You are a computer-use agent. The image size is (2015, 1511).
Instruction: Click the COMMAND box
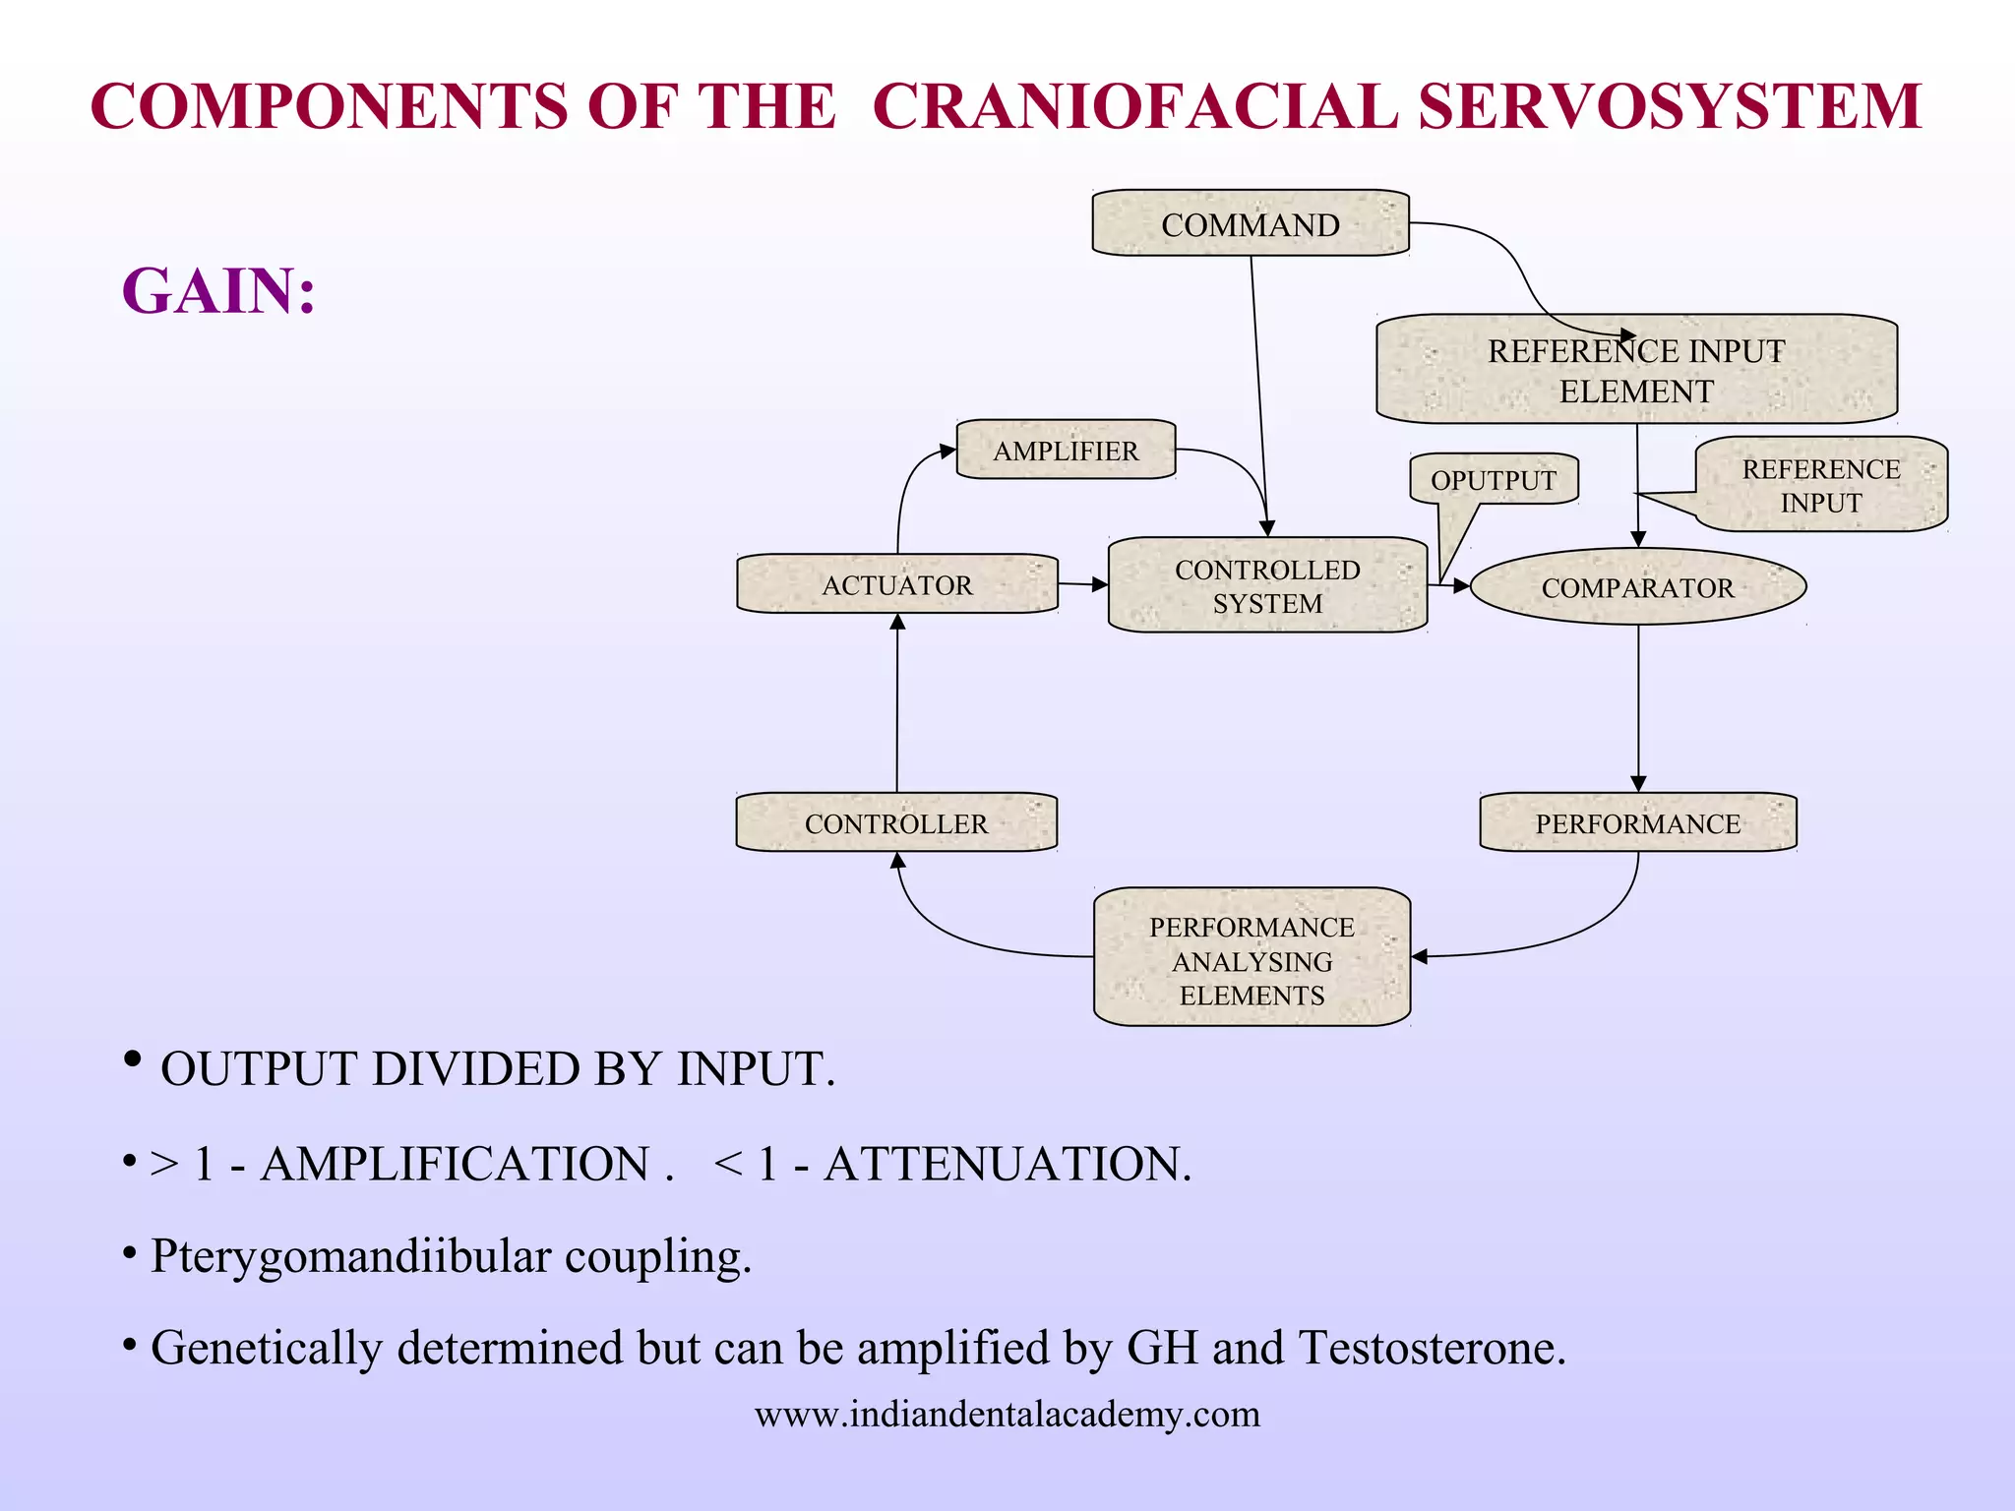click(x=1250, y=224)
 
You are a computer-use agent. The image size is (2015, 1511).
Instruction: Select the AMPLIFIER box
click(x=1066, y=451)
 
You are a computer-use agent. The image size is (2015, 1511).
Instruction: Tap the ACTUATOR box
click(x=896, y=584)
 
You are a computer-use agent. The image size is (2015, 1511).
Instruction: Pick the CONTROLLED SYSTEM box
click(x=1267, y=585)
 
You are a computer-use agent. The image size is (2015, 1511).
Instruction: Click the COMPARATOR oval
click(x=1637, y=587)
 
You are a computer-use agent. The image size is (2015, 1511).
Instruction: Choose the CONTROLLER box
click(x=895, y=823)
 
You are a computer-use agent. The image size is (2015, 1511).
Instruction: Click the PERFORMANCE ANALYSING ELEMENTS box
click(x=1252, y=959)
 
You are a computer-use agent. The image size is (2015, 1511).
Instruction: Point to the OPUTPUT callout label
click(x=1494, y=480)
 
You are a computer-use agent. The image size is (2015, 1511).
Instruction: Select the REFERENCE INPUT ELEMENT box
click(x=1635, y=370)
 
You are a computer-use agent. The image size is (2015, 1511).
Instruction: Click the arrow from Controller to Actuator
click(x=896, y=703)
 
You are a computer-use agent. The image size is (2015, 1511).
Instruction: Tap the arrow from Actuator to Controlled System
click(x=1082, y=584)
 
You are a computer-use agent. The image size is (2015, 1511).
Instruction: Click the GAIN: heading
click(x=218, y=291)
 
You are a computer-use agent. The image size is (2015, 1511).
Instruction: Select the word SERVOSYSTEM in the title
click(x=1670, y=106)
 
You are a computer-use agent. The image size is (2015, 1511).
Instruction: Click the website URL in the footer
click(x=1007, y=1415)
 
